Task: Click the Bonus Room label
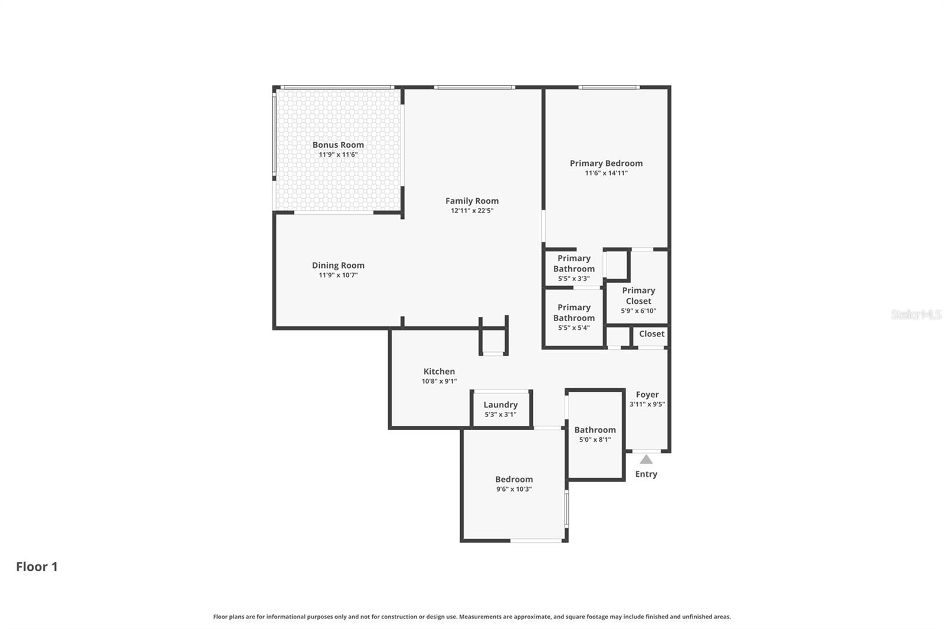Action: (338, 145)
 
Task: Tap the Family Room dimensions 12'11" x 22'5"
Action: (471, 211)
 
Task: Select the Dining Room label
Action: (338, 266)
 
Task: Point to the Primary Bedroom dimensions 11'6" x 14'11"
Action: (606, 173)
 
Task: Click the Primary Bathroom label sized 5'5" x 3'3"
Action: (573, 264)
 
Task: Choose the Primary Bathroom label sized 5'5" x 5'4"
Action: (573, 313)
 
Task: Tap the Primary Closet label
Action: (638, 296)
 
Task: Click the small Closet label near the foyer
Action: (651, 334)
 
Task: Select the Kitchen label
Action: (439, 372)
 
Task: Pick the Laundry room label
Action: (500, 405)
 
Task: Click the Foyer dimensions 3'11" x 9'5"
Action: (647, 404)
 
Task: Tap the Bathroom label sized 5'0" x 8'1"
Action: (595, 430)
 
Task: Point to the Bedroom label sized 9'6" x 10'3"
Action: (514, 480)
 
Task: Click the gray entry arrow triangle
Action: (646, 459)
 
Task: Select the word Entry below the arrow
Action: (646, 474)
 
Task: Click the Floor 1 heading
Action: (37, 566)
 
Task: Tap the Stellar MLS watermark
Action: (916, 314)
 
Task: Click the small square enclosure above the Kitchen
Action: (493, 341)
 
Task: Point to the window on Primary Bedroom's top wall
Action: (608, 87)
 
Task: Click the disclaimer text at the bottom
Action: (471, 617)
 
